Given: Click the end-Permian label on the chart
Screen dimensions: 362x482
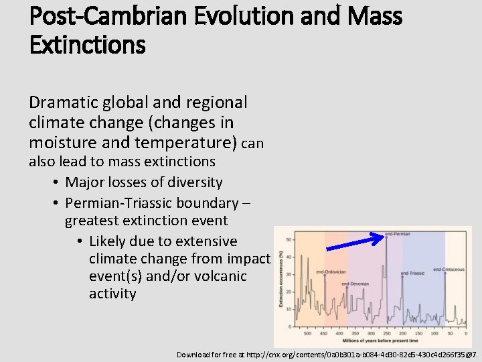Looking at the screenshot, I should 398,234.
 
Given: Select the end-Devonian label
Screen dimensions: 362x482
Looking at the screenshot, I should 355,284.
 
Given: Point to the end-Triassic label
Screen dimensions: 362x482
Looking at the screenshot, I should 412,274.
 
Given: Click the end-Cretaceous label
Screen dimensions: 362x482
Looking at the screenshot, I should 449,269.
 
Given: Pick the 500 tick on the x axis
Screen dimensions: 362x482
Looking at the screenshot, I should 307,333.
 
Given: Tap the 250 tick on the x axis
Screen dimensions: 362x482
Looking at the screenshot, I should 387,333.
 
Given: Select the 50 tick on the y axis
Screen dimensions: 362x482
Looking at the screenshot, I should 288,239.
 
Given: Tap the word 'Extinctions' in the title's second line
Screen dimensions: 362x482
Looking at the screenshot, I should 87,45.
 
